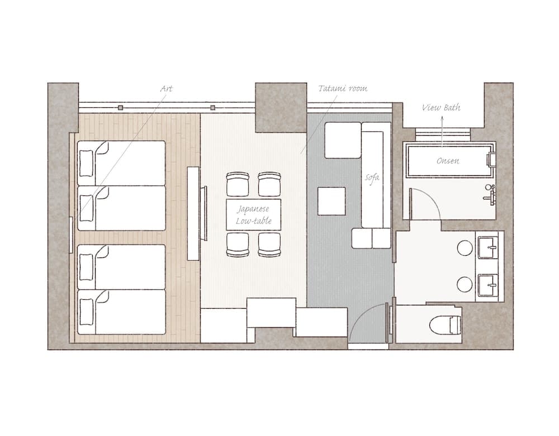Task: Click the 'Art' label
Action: point(167,89)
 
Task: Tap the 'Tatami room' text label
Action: point(343,89)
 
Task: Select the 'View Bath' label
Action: point(441,107)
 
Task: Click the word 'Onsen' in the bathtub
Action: point(448,161)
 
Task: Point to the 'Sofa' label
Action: point(372,178)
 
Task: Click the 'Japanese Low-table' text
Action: point(254,215)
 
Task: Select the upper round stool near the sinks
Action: point(465,248)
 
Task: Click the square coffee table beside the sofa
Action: point(332,201)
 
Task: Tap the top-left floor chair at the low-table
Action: point(237,184)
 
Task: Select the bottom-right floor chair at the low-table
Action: point(269,245)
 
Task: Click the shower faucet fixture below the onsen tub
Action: point(490,193)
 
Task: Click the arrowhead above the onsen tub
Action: point(442,120)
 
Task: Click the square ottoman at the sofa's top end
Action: point(343,140)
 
